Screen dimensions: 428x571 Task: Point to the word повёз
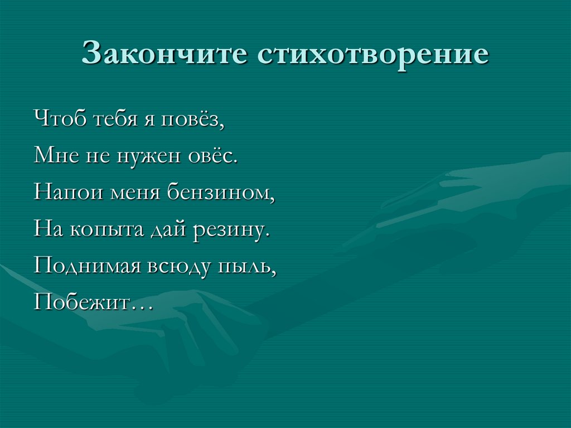coord(191,119)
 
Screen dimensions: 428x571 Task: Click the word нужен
coord(144,155)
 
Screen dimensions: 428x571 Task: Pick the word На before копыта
coord(47,229)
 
